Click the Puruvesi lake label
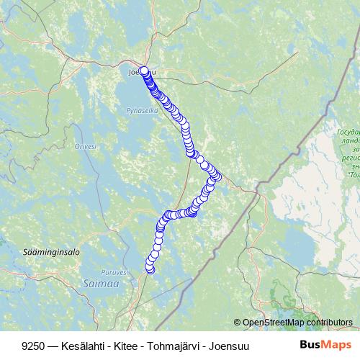(x=114, y=271)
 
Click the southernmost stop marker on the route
(x=150, y=269)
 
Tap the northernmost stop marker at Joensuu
(x=144, y=71)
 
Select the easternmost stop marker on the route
(x=217, y=174)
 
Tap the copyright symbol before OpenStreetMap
(x=237, y=322)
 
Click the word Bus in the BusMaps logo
(x=310, y=345)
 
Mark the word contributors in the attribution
(x=328, y=322)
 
